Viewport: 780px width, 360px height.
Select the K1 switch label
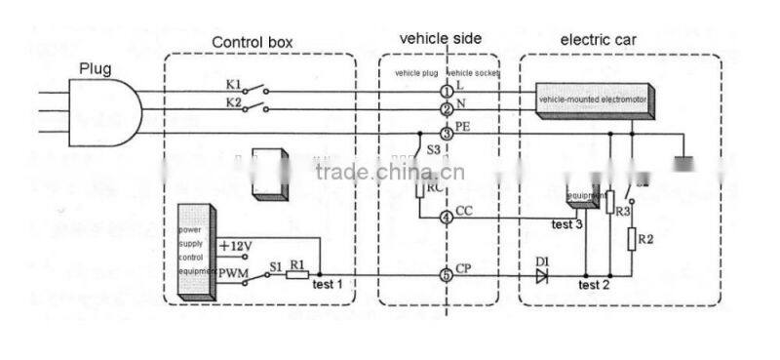[x=234, y=85]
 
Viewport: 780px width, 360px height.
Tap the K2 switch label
[x=234, y=101]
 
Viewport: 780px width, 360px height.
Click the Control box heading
[x=252, y=43]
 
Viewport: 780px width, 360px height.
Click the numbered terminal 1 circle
[x=447, y=92]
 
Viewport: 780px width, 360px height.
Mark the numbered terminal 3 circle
[x=447, y=133]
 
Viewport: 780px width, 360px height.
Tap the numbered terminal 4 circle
[x=447, y=218]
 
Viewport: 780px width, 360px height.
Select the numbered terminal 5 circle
[x=447, y=275]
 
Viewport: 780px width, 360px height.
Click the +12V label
[x=236, y=246]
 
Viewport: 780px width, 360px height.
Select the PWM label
[x=234, y=272]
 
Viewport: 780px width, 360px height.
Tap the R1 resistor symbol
[x=297, y=276]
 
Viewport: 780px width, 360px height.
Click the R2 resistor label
[x=646, y=237]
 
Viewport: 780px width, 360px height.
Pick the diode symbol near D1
[x=541, y=275]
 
